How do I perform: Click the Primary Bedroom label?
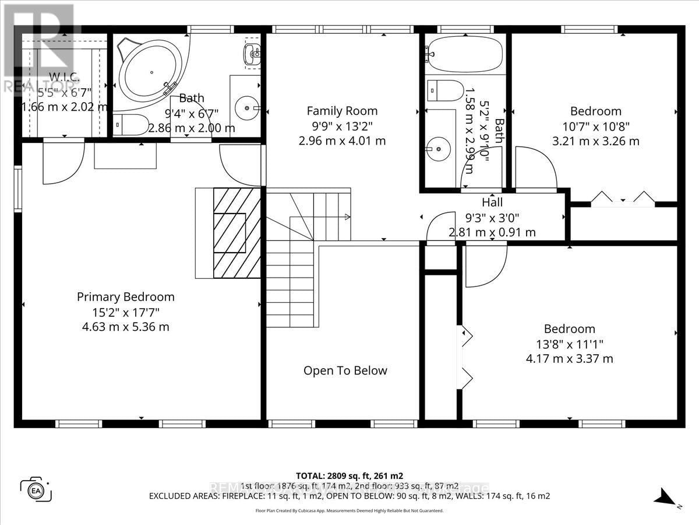point(125,297)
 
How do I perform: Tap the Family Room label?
point(342,111)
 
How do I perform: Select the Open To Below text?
point(345,370)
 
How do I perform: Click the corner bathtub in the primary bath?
point(150,71)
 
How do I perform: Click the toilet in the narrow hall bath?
point(445,90)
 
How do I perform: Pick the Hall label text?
point(492,202)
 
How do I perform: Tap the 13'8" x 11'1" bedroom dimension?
point(569,344)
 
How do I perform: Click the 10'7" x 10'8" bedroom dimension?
point(595,126)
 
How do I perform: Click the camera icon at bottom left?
point(36,489)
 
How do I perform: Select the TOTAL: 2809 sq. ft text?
point(349,475)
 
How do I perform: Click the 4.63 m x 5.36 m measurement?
point(125,327)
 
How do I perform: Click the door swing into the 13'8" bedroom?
point(485,265)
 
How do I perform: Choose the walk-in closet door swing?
point(62,162)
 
